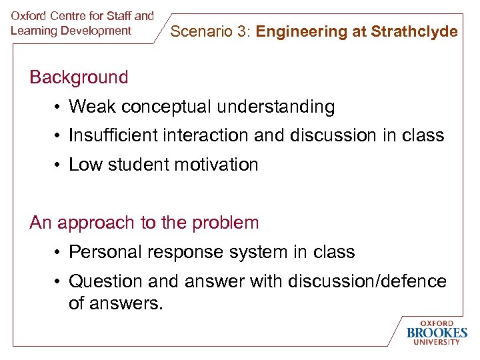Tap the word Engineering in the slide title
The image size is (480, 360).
[298, 31]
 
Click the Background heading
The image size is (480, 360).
[79, 77]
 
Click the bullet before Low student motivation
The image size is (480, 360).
[59, 165]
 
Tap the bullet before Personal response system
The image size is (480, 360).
[59, 253]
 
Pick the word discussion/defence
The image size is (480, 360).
[366, 281]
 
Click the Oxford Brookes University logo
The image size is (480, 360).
[437, 332]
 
